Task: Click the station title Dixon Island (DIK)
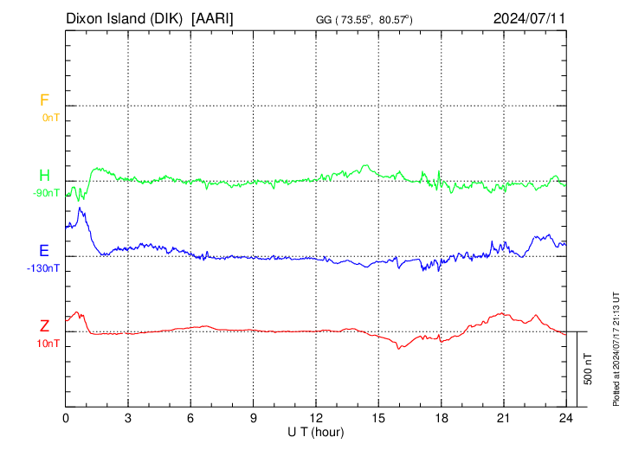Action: (126, 17)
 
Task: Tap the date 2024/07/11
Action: (529, 17)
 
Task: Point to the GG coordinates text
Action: (364, 18)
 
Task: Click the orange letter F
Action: (44, 100)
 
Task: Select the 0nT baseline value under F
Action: (50, 117)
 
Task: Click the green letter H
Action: (44, 177)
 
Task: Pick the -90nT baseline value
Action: (47, 193)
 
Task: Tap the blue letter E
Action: (44, 251)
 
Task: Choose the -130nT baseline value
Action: (44, 268)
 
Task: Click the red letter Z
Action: (44, 326)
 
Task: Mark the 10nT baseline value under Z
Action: (48, 344)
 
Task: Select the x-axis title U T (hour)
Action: (316, 431)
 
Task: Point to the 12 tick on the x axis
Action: (316, 417)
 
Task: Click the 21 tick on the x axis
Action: (504, 417)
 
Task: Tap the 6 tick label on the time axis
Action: (191, 417)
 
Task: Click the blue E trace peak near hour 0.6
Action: (80, 208)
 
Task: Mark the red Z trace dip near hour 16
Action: (399, 348)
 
